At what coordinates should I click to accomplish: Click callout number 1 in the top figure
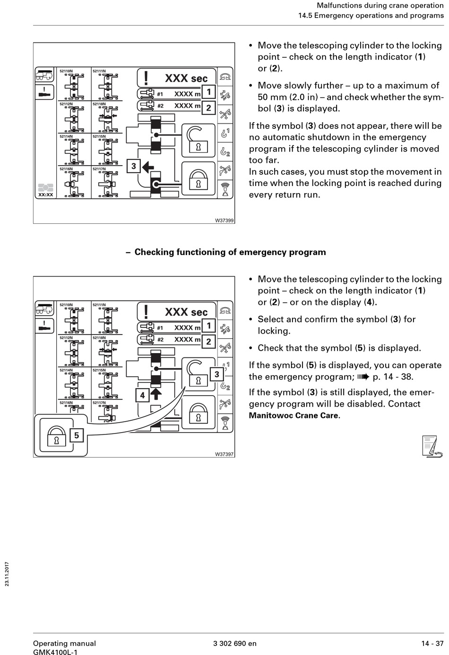tap(208, 92)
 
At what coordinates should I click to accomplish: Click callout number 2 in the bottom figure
tap(208, 341)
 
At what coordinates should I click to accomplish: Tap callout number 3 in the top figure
tap(134, 166)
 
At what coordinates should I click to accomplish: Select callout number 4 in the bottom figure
tap(142, 395)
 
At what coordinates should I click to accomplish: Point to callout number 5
tap(77, 435)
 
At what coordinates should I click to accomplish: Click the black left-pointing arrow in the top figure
tap(148, 166)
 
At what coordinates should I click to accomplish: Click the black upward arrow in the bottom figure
tap(156, 394)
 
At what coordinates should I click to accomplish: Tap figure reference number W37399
tap(224, 221)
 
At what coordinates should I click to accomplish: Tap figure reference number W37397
tap(224, 454)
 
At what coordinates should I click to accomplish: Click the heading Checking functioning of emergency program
tap(230, 252)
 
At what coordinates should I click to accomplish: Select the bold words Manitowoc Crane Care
tap(294, 416)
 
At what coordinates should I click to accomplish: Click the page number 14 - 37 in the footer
tap(432, 643)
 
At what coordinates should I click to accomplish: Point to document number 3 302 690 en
tap(235, 643)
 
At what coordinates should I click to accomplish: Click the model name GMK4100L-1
tap(55, 652)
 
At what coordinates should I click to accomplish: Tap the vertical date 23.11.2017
tap(7, 574)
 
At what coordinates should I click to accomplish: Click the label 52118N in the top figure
tap(99, 104)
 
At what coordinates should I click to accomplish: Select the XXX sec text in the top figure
tap(186, 79)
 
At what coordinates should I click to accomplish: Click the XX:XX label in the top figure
tap(45, 195)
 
